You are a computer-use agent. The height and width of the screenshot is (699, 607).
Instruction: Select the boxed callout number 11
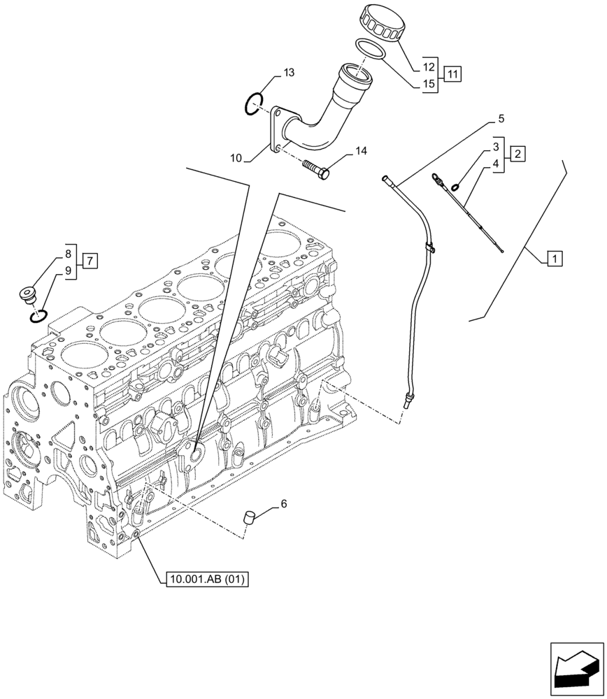(x=452, y=74)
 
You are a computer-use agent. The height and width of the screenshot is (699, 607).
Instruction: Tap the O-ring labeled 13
(x=253, y=103)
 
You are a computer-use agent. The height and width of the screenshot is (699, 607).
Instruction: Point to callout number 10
(x=236, y=159)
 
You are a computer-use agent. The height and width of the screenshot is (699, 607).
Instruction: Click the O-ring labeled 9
(x=38, y=317)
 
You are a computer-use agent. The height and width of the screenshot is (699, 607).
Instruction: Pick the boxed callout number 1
(x=552, y=260)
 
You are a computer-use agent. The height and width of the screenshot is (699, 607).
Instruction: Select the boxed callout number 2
(x=517, y=153)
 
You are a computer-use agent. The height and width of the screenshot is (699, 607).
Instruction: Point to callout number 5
(x=501, y=120)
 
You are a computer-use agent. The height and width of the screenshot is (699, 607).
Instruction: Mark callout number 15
(x=429, y=83)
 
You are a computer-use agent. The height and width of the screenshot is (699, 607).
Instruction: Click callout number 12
(x=429, y=68)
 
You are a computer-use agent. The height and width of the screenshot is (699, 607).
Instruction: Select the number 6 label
(x=283, y=503)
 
